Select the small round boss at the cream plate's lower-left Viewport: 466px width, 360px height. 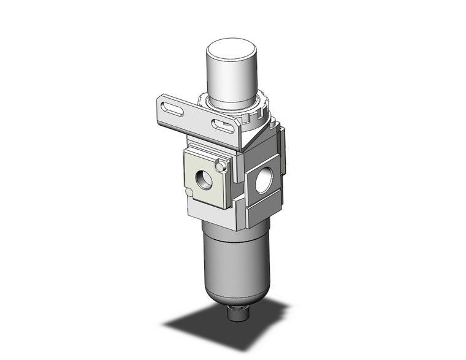point(189,193)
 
